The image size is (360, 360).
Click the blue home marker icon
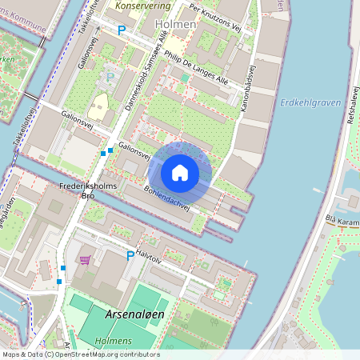(x=180, y=173)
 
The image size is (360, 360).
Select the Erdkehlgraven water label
(x=311, y=103)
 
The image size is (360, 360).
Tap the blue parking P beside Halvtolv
(x=130, y=255)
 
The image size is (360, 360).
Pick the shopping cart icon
(x=85, y=259)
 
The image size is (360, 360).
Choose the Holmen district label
(x=178, y=25)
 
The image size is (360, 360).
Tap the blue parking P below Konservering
(x=122, y=30)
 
